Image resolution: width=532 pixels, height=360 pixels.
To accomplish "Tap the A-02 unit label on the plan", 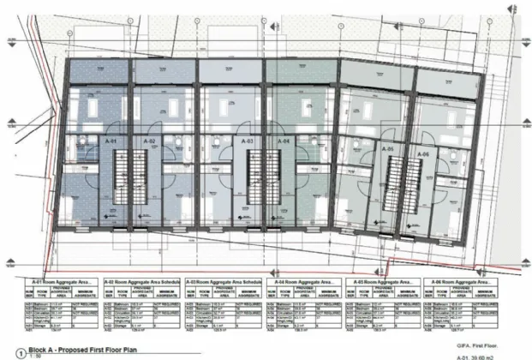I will click(147, 140).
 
